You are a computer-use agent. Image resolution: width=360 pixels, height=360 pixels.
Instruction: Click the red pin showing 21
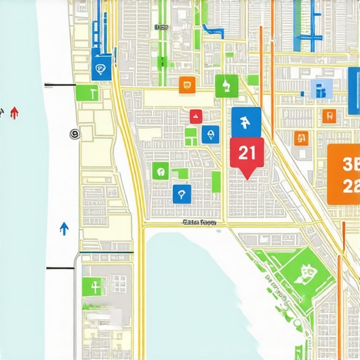(x=247, y=154)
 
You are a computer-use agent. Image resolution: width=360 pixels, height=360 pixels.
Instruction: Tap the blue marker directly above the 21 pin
(x=245, y=123)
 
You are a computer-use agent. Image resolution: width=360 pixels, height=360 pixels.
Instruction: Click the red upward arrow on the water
(x=15, y=112)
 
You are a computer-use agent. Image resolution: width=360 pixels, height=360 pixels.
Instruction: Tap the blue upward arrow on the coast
(x=64, y=228)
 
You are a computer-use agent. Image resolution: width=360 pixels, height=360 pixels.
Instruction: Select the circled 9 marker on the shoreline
(x=75, y=134)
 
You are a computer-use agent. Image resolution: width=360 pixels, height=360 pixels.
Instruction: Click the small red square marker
(x=195, y=117)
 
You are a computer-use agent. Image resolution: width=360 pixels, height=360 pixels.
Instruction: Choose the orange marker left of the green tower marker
(x=186, y=85)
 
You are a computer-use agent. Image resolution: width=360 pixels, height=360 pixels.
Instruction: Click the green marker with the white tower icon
(x=226, y=86)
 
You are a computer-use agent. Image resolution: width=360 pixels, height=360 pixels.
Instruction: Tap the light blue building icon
(x=319, y=89)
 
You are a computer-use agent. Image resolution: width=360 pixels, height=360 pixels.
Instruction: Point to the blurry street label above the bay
(x=200, y=222)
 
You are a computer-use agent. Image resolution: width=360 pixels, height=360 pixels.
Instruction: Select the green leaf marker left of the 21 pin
(x=161, y=171)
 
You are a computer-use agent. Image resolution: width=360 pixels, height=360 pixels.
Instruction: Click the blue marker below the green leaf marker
(x=181, y=194)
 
